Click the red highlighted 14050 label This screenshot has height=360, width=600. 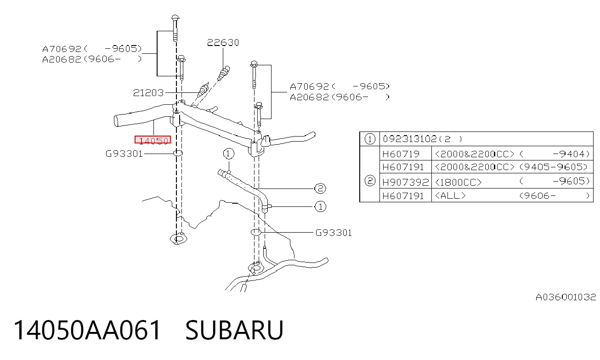click(x=153, y=140)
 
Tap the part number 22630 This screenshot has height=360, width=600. click(x=223, y=43)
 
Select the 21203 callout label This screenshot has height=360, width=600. click(x=148, y=93)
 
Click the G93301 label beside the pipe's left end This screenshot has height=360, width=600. click(x=124, y=154)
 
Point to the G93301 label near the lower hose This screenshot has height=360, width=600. click(x=334, y=233)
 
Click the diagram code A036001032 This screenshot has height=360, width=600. click(x=566, y=297)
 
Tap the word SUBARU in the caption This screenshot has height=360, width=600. click(x=234, y=330)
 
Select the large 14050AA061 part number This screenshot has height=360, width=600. click(x=87, y=330)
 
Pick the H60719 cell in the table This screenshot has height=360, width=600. click(x=401, y=154)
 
